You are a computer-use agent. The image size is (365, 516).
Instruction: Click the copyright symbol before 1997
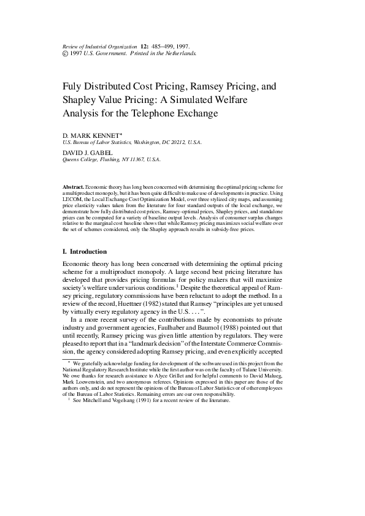pyautogui.click(x=66, y=53)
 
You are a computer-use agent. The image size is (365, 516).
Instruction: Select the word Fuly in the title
pyautogui.click(x=74, y=87)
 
